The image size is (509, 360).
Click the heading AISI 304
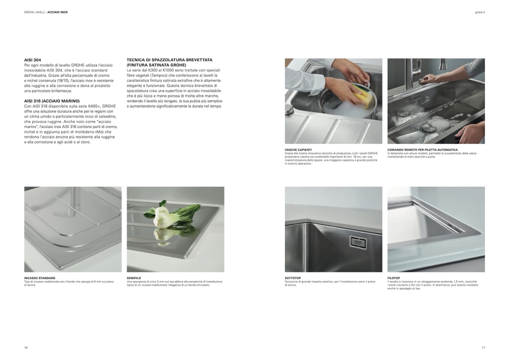(33, 60)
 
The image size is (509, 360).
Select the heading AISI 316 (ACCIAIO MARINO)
(52, 101)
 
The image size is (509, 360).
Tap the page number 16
(26, 348)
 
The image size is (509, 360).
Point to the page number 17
(483, 348)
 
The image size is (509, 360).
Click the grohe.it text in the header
(480, 12)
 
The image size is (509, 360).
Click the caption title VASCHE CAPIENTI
(298, 150)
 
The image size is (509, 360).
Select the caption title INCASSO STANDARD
(39, 278)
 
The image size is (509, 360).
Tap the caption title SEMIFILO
(134, 278)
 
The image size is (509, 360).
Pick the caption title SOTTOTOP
(293, 278)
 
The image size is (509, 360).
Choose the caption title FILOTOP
(393, 278)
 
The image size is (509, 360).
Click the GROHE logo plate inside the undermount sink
(358, 243)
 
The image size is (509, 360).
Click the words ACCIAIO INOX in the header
(57, 12)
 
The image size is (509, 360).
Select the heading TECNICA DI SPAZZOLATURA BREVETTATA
(170, 60)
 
